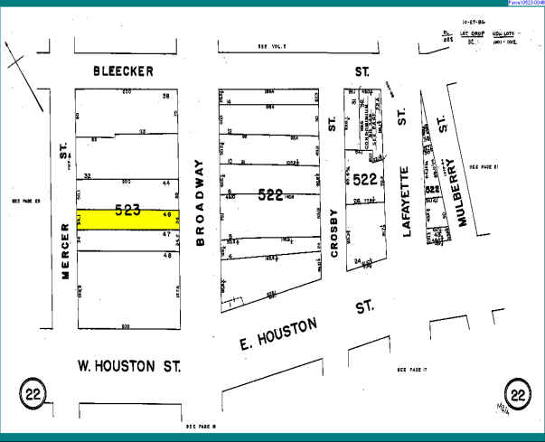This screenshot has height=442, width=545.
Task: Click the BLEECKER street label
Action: (x=124, y=70)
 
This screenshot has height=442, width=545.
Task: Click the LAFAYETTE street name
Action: (x=406, y=201)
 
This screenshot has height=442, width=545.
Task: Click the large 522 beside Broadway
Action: (x=271, y=193)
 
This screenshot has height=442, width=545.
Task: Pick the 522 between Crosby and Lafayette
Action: (x=365, y=179)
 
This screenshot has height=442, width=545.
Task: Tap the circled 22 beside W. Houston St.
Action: (x=33, y=393)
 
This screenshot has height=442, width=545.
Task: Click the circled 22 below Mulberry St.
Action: (x=518, y=393)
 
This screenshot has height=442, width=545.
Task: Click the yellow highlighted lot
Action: (x=127, y=218)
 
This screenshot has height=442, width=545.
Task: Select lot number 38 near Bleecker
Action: (x=165, y=96)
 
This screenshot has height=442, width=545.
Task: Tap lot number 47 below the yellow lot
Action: (x=165, y=233)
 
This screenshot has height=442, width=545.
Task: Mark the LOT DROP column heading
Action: (x=471, y=33)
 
